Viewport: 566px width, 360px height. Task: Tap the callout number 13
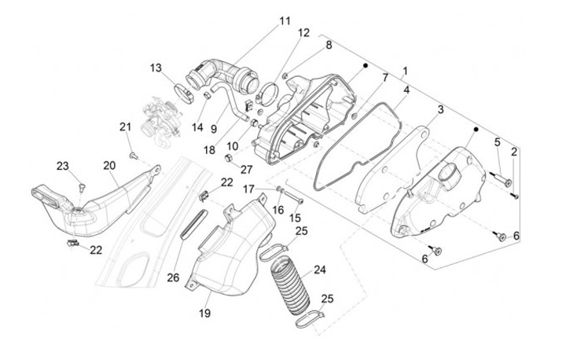[156, 68]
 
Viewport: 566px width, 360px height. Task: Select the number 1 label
[405, 71]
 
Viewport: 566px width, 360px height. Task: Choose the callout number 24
[319, 270]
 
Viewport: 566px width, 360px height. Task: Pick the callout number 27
[247, 169]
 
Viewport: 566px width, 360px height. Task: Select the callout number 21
[125, 127]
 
